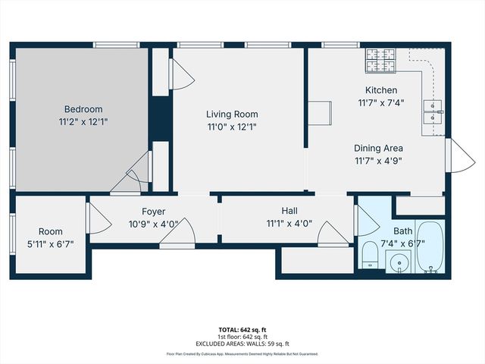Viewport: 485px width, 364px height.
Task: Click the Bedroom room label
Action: coord(83,109)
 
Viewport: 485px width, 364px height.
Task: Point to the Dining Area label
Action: coord(378,148)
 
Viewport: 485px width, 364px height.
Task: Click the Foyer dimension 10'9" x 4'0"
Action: coord(153,224)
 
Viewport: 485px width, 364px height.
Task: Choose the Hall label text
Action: coord(289,212)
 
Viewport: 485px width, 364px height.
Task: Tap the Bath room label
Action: coord(404,231)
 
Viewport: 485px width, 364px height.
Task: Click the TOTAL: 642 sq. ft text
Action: coord(242,330)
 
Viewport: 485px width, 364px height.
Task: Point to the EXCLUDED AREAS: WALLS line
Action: coord(242,342)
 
